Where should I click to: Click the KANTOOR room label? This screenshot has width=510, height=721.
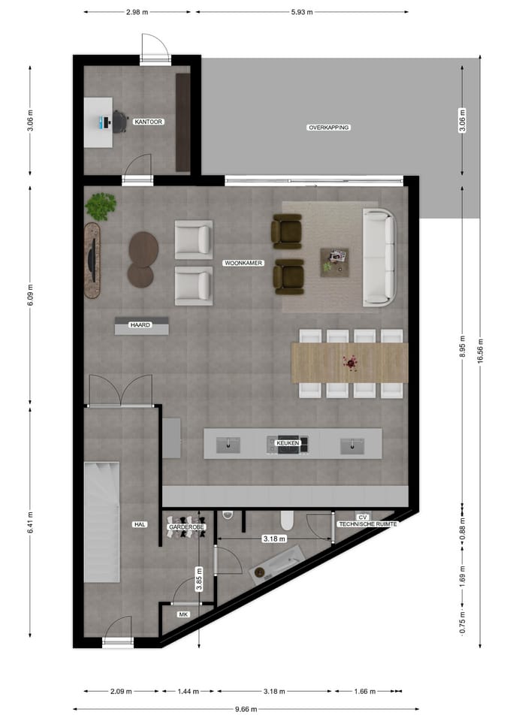click(x=149, y=121)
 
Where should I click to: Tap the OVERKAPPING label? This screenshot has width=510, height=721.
click(x=329, y=128)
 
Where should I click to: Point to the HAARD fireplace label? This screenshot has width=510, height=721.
click(x=140, y=325)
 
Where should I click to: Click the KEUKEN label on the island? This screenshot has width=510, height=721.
click(x=288, y=444)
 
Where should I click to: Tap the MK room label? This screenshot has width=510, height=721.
click(x=183, y=614)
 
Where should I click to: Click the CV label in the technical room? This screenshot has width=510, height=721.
click(x=362, y=517)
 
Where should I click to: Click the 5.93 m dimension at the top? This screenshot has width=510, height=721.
click(x=302, y=13)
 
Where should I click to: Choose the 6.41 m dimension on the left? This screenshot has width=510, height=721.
click(x=29, y=523)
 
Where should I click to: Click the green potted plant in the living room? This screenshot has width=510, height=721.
click(x=100, y=206)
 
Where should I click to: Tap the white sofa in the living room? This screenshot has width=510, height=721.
click(x=379, y=257)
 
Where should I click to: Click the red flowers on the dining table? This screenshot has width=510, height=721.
click(x=349, y=363)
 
